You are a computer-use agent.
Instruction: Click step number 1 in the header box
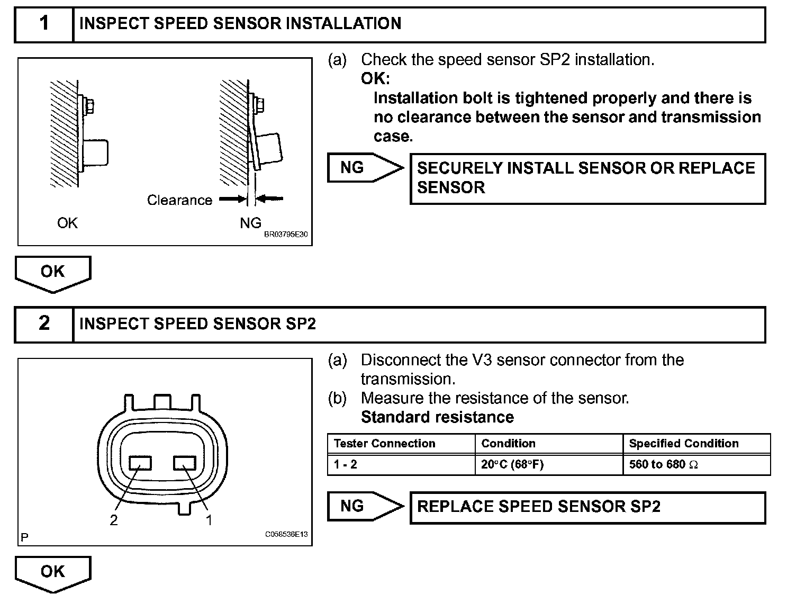click(x=44, y=23)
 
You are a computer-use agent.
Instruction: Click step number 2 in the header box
click(x=44, y=323)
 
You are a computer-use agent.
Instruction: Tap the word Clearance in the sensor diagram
click(x=179, y=200)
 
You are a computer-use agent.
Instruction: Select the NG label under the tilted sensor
click(x=250, y=223)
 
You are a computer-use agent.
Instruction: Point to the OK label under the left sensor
click(x=67, y=223)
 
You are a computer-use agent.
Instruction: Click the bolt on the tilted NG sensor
click(x=260, y=104)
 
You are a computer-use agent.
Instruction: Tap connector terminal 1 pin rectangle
click(x=185, y=463)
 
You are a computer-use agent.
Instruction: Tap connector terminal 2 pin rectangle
click(x=140, y=463)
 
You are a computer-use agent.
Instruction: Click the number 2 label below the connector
click(x=114, y=520)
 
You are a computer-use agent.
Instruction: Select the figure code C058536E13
click(x=286, y=535)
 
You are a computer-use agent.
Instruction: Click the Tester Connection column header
click(x=385, y=444)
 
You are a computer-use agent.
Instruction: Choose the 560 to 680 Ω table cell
click(x=663, y=465)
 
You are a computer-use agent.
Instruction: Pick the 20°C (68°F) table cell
click(x=512, y=465)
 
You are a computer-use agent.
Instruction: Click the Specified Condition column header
click(x=683, y=444)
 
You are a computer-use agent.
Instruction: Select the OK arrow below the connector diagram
click(x=53, y=573)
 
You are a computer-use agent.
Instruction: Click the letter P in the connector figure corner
click(x=24, y=538)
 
